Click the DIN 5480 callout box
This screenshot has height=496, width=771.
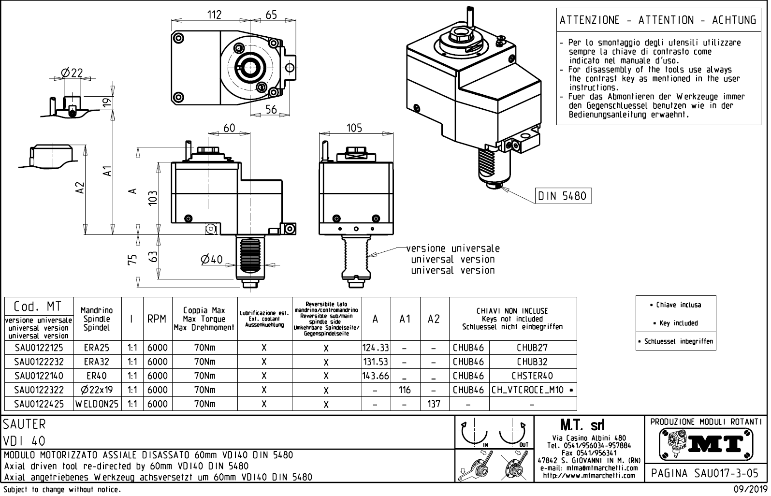point(563,196)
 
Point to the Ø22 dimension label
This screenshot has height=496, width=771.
point(72,73)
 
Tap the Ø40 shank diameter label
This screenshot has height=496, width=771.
point(211,260)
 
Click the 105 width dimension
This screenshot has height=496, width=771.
point(354,128)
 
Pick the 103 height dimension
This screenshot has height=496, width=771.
point(153,198)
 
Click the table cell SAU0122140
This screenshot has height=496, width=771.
point(39,376)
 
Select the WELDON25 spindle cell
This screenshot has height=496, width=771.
point(97,404)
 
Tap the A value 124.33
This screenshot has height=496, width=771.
point(376,348)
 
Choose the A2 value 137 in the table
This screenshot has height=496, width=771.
point(434,404)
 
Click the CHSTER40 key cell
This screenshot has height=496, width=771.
point(532,376)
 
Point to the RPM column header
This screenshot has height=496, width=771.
point(157,319)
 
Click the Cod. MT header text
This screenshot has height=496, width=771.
point(37,306)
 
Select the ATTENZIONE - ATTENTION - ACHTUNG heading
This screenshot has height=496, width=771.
point(657,20)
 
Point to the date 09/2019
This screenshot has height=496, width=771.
point(749,489)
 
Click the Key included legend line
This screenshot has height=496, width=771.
point(676,323)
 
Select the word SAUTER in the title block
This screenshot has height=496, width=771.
point(25,424)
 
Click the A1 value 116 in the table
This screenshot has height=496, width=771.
point(405,390)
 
